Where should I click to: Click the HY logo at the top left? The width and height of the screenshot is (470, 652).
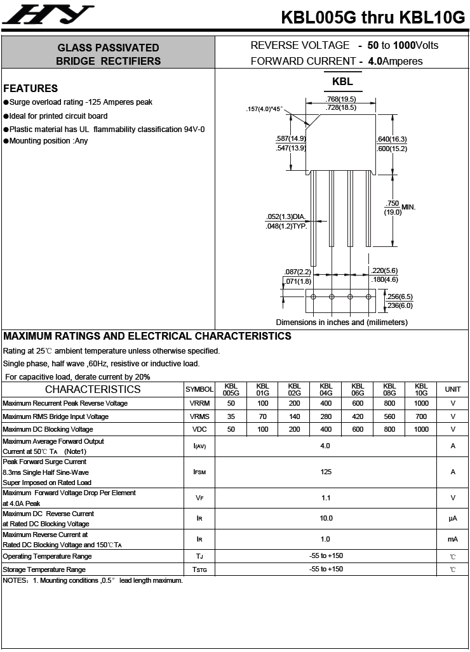click(x=48, y=15)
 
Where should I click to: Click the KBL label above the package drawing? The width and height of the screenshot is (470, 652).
click(x=342, y=82)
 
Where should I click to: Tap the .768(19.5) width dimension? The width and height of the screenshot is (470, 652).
click(x=340, y=99)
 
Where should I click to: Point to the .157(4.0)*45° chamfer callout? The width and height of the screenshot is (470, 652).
click(x=264, y=109)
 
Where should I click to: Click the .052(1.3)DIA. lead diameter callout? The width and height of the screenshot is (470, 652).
click(x=286, y=217)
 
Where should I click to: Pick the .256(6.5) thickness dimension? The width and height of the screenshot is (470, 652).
click(x=399, y=296)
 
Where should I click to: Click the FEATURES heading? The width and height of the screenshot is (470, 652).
click(x=30, y=88)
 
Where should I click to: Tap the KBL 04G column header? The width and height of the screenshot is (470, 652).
click(x=326, y=389)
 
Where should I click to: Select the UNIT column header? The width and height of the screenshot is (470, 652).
click(x=453, y=389)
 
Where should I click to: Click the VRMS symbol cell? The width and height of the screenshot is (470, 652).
click(x=199, y=416)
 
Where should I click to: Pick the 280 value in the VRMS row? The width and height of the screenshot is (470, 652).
click(x=326, y=416)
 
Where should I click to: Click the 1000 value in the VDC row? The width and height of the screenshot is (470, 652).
click(x=421, y=429)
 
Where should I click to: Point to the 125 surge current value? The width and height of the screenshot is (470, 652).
click(x=326, y=472)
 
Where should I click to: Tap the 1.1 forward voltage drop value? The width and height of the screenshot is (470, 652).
click(x=326, y=498)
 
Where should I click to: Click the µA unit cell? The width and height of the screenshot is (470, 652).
click(x=453, y=519)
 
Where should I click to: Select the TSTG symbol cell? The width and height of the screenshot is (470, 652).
click(x=199, y=569)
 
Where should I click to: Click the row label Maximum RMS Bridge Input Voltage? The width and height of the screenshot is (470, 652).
click(x=55, y=416)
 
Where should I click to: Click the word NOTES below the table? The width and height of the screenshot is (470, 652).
click(x=14, y=580)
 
